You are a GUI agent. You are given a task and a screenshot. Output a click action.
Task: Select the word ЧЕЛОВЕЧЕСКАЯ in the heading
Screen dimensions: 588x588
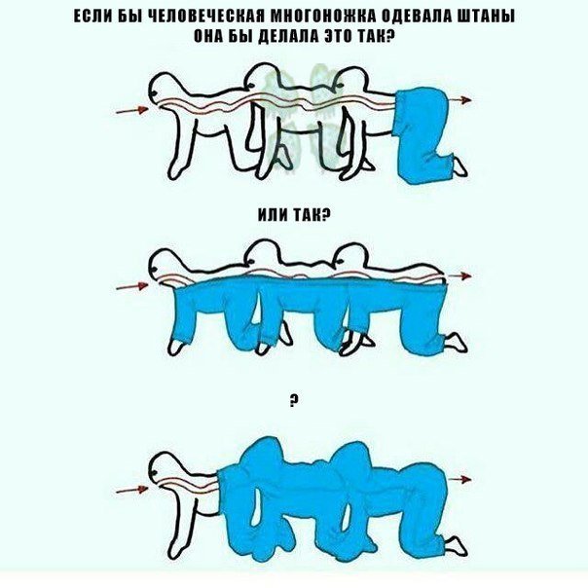pyautogui.click(x=207, y=17)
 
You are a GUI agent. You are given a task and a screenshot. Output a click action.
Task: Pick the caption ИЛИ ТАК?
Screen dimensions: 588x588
pyautogui.click(x=294, y=215)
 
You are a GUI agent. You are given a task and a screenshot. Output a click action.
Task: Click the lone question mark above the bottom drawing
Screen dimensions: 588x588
pyautogui.click(x=294, y=402)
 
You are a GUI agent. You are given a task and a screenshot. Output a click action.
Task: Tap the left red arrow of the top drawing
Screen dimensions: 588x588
pyautogui.click(x=132, y=110)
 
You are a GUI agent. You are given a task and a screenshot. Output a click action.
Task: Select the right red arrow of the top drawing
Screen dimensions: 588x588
pyautogui.click(x=460, y=100)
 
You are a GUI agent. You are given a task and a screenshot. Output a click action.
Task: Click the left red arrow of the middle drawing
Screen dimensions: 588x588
pyautogui.click(x=132, y=287)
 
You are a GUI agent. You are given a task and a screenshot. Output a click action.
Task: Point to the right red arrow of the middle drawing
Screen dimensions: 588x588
pyautogui.click(x=460, y=276)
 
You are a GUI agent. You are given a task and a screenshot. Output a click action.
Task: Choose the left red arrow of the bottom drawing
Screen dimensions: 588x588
pyautogui.click(x=132, y=490)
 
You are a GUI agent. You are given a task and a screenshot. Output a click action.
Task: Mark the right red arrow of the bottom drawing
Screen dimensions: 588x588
pyautogui.click(x=460, y=479)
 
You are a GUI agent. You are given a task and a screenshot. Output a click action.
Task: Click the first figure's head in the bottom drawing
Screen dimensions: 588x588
pyautogui.click(x=165, y=468)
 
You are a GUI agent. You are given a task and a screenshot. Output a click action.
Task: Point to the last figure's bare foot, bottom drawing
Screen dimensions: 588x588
pyautogui.click(x=457, y=546)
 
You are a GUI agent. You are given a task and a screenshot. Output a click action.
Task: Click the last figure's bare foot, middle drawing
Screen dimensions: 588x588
pyautogui.click(x=457, y=342)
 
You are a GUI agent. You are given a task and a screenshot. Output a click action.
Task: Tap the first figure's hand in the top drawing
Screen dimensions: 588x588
pyautogui.click(x=175, y=169)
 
